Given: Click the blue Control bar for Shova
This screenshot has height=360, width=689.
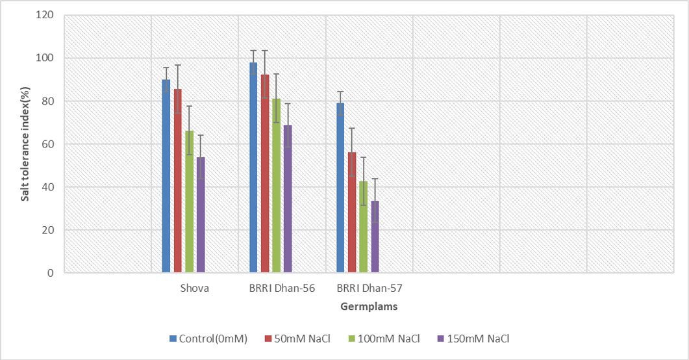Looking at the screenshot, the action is [x=166, y=176].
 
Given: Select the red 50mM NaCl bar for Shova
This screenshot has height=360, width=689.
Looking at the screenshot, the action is [x=177, y=181].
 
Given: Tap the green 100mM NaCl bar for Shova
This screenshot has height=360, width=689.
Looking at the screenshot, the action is [x=189, y=201].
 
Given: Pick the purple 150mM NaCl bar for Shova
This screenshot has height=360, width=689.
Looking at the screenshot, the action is [x=201, y=215].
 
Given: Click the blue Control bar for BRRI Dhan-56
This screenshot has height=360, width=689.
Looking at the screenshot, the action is [x=253, y=168].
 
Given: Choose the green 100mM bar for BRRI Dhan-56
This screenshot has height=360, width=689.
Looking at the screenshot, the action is [x=276, y=185].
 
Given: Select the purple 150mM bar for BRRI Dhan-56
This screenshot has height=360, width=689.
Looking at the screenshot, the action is [x=288, y=199].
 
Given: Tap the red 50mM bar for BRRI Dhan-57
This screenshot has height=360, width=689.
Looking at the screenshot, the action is [x=352, y=212].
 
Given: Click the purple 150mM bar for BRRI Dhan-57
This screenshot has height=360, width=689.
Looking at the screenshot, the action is [x=375, y=237].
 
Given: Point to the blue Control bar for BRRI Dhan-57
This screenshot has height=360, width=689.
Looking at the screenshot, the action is [x=340, y=188].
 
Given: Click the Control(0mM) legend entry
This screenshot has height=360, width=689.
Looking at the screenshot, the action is [x=208, y=339].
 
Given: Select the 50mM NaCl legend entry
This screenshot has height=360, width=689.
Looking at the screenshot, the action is [x=297, y=339].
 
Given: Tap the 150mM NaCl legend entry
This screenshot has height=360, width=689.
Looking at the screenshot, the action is [x=473, y=339].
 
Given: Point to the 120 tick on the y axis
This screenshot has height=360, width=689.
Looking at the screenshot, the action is [x=44, y=15].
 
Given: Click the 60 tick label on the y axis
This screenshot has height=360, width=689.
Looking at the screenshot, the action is [x=47, y=144].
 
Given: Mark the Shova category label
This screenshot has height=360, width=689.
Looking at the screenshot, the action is [x=195, y=289].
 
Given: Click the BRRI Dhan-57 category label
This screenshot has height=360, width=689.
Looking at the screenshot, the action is [x=370, y=289].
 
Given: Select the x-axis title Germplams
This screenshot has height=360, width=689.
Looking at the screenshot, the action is [x=369, y=307].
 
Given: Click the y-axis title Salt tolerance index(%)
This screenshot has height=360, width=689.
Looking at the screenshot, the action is [x=25, y=144].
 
